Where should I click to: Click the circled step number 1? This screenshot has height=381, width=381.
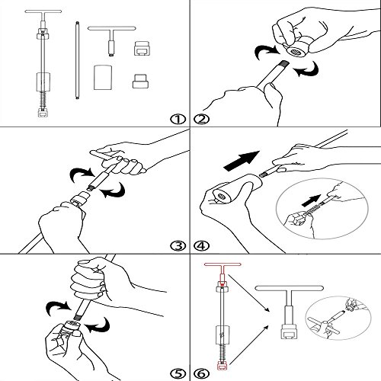(178, 119)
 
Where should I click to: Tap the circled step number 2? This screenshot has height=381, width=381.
(202, 119)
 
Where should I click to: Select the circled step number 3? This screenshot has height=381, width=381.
(178, 246)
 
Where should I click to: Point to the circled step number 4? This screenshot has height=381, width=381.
(202, 246)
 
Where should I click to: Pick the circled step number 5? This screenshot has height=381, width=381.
(178, 373)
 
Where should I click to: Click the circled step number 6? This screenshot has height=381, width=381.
(202, 373)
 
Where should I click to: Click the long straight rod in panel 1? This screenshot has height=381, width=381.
(77, 60)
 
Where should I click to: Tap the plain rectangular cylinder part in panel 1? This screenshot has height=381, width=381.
(103, 78)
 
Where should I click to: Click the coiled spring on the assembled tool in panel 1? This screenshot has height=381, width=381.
(43, 100)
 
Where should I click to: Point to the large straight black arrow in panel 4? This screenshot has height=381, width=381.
(242, 161)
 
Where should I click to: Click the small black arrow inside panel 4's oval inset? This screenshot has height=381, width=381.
(311, 200)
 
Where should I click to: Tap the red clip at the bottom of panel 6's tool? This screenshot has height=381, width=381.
(222, 367)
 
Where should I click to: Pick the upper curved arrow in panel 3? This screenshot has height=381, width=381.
(82, 174)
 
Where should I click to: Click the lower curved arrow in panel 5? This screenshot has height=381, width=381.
(98, 325)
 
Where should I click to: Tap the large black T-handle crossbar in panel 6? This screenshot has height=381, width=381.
(289, 288)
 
